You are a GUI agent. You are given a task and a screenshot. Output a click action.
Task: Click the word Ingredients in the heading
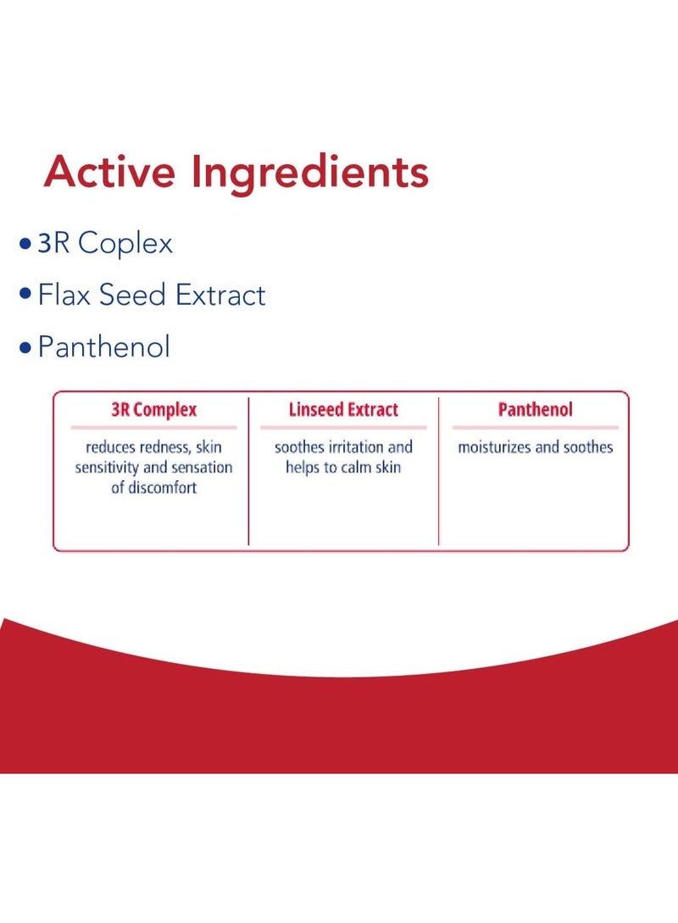[x=310, y=174]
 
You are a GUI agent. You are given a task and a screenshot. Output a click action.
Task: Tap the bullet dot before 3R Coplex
[x=25, y=244]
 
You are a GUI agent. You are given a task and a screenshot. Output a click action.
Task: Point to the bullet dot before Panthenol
[x=25, y=347]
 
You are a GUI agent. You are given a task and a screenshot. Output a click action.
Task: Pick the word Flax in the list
[x=64, y=295]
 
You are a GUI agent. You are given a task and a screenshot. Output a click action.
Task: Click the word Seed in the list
[x=132, y=295]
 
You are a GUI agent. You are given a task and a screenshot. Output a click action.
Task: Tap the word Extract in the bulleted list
[x=221, y=295]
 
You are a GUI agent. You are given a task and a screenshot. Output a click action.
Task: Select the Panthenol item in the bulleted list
[x=104, y=346]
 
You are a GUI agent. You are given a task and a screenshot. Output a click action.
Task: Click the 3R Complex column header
[x=153, y=410]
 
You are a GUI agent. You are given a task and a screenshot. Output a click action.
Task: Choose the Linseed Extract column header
[x=343, y=409]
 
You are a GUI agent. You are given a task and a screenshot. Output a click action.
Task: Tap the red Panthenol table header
[x=536, y=409]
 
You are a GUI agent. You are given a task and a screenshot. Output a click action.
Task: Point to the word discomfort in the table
[x=163, y=488]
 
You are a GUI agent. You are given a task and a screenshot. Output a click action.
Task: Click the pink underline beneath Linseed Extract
[x=343, y=428]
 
